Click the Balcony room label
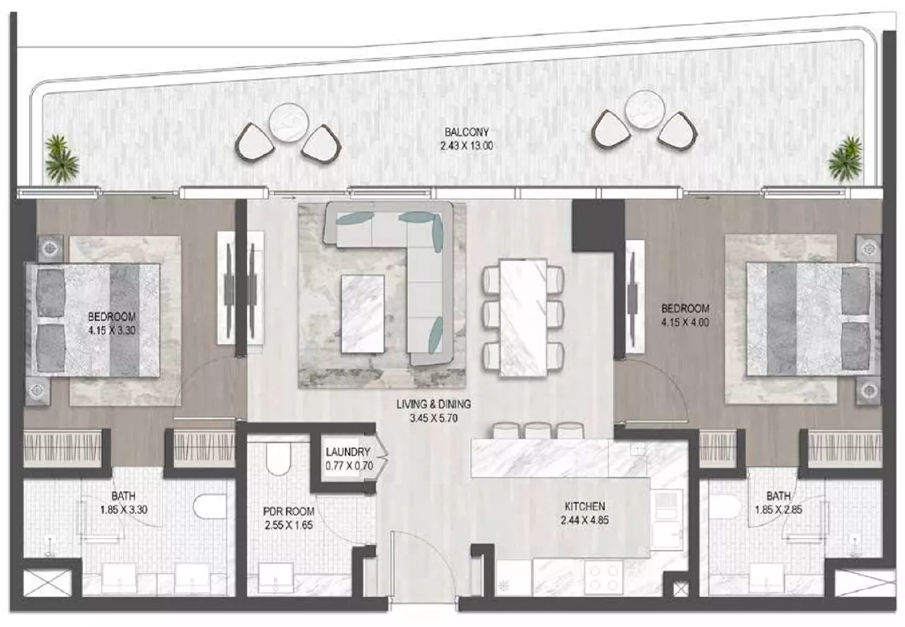(x=467, y=132)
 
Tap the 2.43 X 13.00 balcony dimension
(x=467, y=146)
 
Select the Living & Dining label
(x=433, y=404)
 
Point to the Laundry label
(x=348, y=452)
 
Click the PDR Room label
(x=288, y=512)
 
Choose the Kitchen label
(x=585, y=506)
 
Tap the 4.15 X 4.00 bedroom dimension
(x=685, y=323)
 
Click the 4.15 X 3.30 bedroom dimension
(x=112, y=331)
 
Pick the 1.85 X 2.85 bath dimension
(x=778, y=510)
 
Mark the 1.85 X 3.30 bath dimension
(x=124, y=510)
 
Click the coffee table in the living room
(x=363, y=314)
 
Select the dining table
(x=523, y=317)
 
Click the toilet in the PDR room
(x=279, y=459)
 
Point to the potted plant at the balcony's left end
(x=61, y=158)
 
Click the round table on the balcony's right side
(x=644, y=109)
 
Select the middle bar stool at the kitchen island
(x=538, y=430)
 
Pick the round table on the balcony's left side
(x=289, y=122)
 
